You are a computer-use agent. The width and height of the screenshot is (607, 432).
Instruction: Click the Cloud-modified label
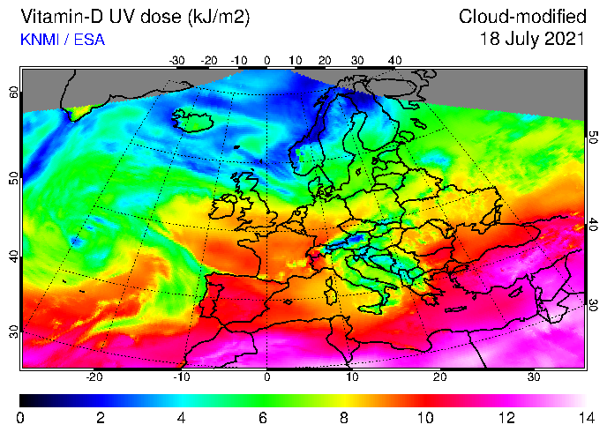tap(522, 18)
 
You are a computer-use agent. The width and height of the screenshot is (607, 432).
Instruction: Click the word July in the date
tap(519, 39)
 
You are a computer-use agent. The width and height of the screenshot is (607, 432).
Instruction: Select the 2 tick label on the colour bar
tap(101, 417)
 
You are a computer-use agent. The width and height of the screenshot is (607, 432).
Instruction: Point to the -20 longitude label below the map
tap(94, 376)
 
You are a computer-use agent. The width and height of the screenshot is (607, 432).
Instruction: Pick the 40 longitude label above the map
tap(393, 60)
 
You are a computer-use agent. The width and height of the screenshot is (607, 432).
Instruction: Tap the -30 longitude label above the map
tap(177, 60)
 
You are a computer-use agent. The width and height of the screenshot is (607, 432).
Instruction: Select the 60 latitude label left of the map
tap(13, 93)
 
